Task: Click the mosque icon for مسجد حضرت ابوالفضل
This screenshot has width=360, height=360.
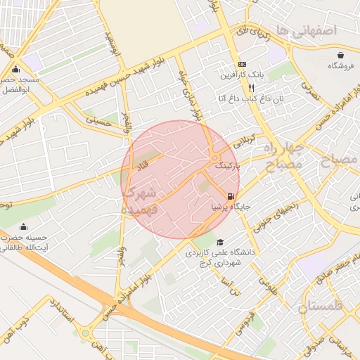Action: [16, 70]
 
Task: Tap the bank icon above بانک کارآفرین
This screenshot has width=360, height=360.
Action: [242, 63]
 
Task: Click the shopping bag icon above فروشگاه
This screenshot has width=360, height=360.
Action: [341, 55]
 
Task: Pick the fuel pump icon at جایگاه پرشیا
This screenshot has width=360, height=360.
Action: [231, 196]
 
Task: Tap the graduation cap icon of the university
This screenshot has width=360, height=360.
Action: [221, 241]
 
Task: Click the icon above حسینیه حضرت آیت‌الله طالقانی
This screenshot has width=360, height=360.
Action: [24, 226]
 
